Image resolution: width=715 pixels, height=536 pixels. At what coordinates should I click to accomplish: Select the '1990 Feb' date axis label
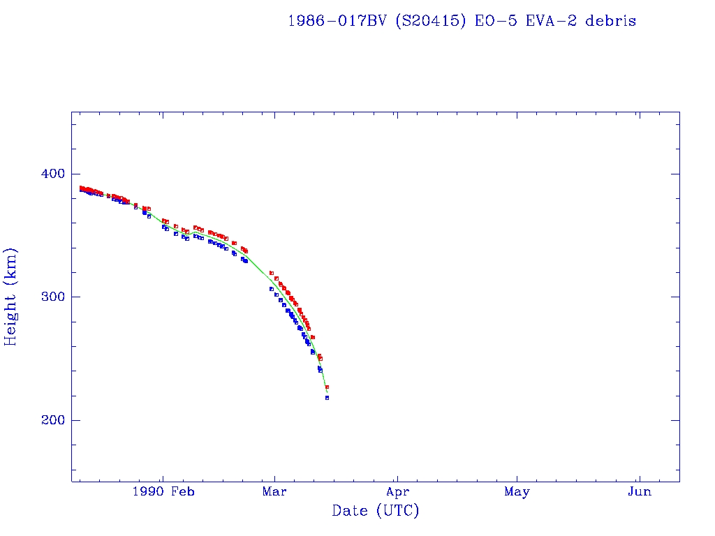163,492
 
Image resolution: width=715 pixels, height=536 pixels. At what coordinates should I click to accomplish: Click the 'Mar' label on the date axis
274,492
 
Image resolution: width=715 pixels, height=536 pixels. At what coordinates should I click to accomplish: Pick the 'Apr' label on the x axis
397,492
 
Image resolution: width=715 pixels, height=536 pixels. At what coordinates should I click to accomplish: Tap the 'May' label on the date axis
517,492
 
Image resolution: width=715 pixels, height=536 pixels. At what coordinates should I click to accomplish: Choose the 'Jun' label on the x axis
639,492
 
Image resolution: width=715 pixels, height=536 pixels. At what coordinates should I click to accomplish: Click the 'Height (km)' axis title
11,297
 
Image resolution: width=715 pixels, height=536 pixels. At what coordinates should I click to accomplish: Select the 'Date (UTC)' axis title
376,511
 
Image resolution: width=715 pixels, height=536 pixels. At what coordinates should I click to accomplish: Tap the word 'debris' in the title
611,21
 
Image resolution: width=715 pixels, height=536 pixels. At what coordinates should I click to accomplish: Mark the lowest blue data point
327,398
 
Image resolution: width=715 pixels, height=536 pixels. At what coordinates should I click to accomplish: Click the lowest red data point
327,387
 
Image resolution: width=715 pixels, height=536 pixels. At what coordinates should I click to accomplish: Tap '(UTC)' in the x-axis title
398,511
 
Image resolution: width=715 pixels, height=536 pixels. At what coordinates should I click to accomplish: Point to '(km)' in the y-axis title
11,263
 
